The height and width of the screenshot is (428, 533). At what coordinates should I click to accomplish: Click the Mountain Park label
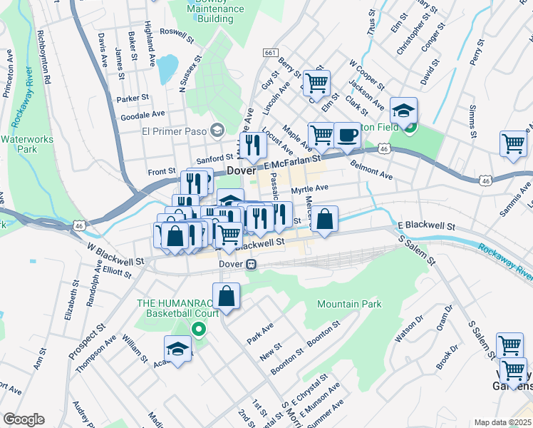pos(349,304)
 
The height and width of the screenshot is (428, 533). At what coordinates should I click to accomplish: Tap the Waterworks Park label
pos(19,144)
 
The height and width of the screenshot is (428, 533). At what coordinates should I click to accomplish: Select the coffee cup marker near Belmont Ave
pos(347,135)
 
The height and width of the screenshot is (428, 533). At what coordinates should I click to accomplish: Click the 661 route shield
pos(270,53)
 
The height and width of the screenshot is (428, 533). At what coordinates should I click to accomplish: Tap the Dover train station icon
pos(251,265)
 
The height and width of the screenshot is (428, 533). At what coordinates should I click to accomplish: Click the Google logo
pos(23,419)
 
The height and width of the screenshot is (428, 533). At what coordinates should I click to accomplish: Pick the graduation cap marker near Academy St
pos(177,349)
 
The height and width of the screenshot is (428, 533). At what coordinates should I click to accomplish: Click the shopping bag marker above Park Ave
pos(226,296)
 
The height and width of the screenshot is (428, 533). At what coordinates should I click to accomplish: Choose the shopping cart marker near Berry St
pos(316,82)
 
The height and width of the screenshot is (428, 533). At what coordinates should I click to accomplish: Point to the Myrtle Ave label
pos(309,188)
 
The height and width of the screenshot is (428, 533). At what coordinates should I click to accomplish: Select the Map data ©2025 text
pos(503,422)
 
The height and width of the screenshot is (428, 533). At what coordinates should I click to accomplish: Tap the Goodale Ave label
pos(143,113)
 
